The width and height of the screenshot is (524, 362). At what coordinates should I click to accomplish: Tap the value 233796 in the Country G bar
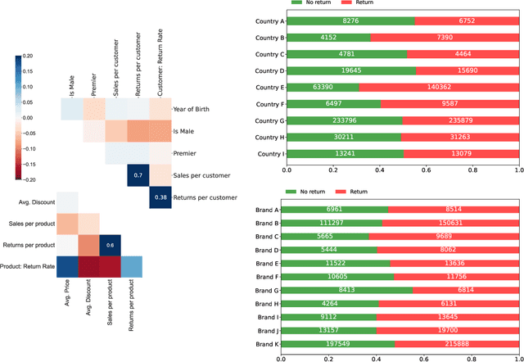pyautogui.click(x=346, y=120)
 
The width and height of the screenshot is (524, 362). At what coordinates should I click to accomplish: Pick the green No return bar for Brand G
pyautogui.click(x=366, y=289)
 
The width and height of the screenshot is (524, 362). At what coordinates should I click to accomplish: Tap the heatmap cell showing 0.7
pyautogui.click(x=138, y=175)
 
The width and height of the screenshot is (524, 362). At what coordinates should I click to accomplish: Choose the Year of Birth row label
pyautogui.click(x=195, y=109)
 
